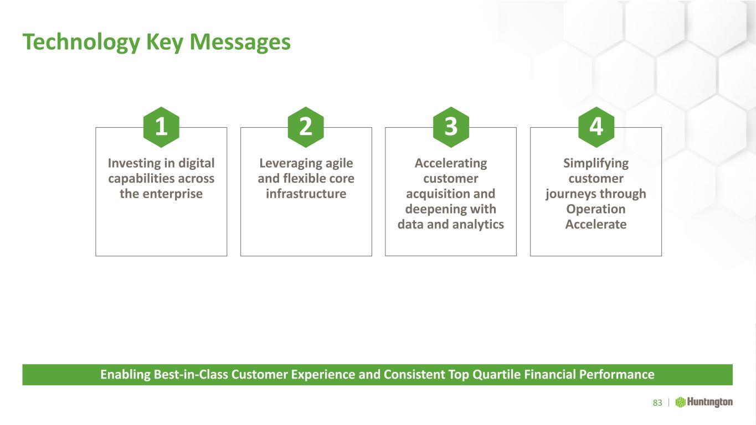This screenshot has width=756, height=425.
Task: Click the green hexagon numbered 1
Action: (x=161, y=127)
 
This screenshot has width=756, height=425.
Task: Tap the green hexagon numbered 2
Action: (x=306, y=127)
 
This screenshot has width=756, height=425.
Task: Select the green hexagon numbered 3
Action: (x=451, y=127)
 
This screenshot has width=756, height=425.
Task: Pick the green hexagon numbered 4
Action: (x=596, y=127)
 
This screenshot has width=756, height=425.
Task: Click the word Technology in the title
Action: (x=81, y=43)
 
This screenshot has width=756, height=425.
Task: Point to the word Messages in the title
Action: (x=240, y=42)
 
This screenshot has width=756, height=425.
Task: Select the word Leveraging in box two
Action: (x=286, y=164)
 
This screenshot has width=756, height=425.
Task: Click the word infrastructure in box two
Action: (x=306, y=194)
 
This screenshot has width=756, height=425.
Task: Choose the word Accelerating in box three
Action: (x=451, y=164)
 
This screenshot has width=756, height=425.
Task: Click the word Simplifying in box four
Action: (x=596, y=164)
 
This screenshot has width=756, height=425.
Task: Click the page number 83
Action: (x=657, y=403)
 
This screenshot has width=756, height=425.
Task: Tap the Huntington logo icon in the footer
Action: (x=680, y=402)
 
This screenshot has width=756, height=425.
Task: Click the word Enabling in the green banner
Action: (x=125, y=375)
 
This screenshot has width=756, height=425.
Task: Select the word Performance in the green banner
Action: (x=616, y=375)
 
